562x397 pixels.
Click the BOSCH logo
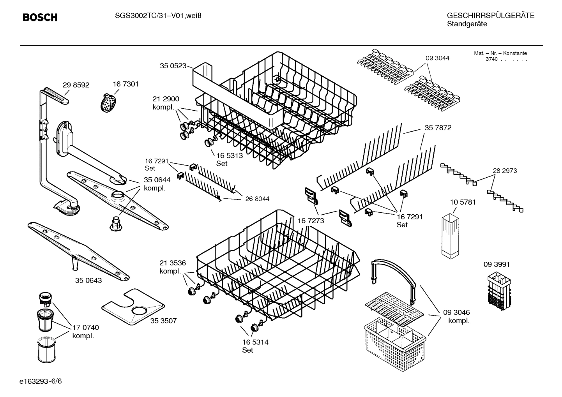[40, 18]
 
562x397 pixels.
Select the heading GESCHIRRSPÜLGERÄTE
[490, 16]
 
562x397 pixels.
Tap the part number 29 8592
[76, 85]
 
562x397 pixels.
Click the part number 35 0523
[173, 66]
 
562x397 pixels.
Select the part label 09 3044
[437, 58]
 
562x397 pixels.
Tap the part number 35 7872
[438, 128]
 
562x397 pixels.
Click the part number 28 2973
[505, 171]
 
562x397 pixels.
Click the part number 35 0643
[88, 281]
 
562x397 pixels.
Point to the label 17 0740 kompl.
[85, 332]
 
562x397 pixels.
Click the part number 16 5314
[255, 342]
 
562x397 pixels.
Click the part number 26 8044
[257, 199]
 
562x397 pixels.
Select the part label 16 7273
[311, 221]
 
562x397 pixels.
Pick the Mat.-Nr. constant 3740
[491, 59]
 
